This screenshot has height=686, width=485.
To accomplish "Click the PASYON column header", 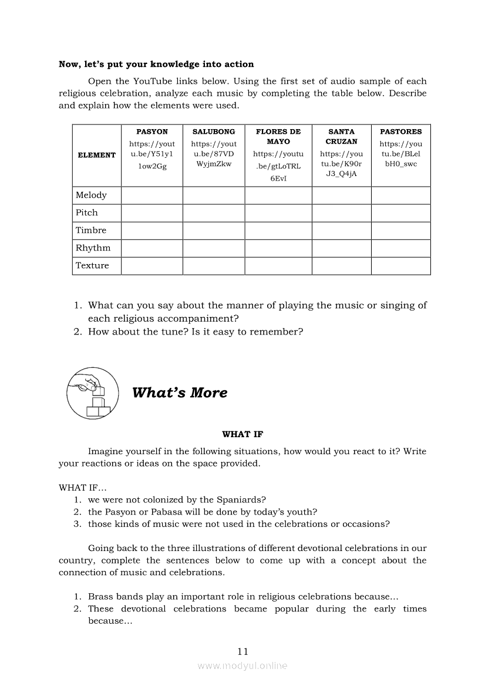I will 152,132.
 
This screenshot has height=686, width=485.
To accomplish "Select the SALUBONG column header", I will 214,132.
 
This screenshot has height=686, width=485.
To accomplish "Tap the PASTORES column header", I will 401,132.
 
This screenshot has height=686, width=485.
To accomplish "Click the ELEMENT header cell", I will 97,155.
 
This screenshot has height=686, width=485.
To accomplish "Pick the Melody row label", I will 91,195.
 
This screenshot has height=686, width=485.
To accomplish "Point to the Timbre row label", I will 91,231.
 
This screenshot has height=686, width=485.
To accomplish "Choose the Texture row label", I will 92,266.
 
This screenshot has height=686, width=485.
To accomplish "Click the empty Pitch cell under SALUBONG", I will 214,213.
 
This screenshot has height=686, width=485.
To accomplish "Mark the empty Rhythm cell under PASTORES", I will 401,248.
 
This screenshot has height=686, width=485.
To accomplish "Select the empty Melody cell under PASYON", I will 152,195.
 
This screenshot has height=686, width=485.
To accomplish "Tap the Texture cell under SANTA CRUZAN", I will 341,266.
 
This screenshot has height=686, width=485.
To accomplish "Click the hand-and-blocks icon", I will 94,393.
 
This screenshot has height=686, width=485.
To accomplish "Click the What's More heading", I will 180,393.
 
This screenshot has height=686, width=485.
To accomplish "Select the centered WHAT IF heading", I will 242,434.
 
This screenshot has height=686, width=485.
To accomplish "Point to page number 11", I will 243,651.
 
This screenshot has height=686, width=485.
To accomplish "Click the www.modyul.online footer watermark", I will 242,665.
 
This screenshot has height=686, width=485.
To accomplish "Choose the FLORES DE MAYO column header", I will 278,137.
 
